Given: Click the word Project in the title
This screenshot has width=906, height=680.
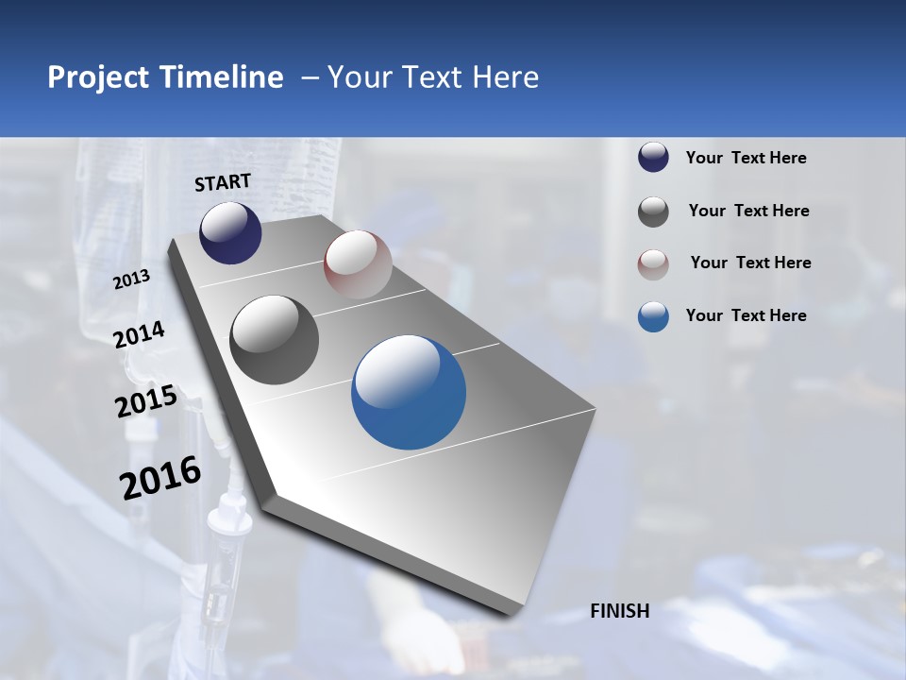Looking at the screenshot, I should click(x=95, y=77).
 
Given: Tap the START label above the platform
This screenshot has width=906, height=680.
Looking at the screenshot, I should click(x=223, y=182).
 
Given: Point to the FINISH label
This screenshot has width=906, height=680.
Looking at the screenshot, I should click(x=619, y=611).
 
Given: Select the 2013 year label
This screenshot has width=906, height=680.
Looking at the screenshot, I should click(x=131, y=280).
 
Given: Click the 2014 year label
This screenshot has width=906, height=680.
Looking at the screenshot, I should click(x=139, y=335).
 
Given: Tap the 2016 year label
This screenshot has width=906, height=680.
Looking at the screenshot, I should click(x=160, y=478).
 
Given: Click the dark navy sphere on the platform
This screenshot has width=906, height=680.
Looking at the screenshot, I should click(x=230, y=233).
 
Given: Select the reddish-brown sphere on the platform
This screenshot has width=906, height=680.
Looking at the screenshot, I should click(x=358, y=264).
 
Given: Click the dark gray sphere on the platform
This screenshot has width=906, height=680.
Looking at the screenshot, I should click(x=274, y=340).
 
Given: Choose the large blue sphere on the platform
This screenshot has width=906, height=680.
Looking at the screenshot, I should click(x=409, y=392).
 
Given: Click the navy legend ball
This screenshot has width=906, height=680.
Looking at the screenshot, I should click(x=653, y=158).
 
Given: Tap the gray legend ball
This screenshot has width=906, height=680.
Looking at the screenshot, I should click(x=653, y=211).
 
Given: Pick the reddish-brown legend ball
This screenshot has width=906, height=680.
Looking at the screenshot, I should click(x=653, y=263).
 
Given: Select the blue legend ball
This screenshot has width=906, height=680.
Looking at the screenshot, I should click(x=653, y=316).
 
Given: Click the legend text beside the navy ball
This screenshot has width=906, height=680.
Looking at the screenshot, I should click(x=746, y=158).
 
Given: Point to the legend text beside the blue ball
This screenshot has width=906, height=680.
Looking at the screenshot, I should click(x=746, y=315).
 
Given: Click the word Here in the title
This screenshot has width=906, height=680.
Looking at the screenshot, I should click(x=506, y=77).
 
